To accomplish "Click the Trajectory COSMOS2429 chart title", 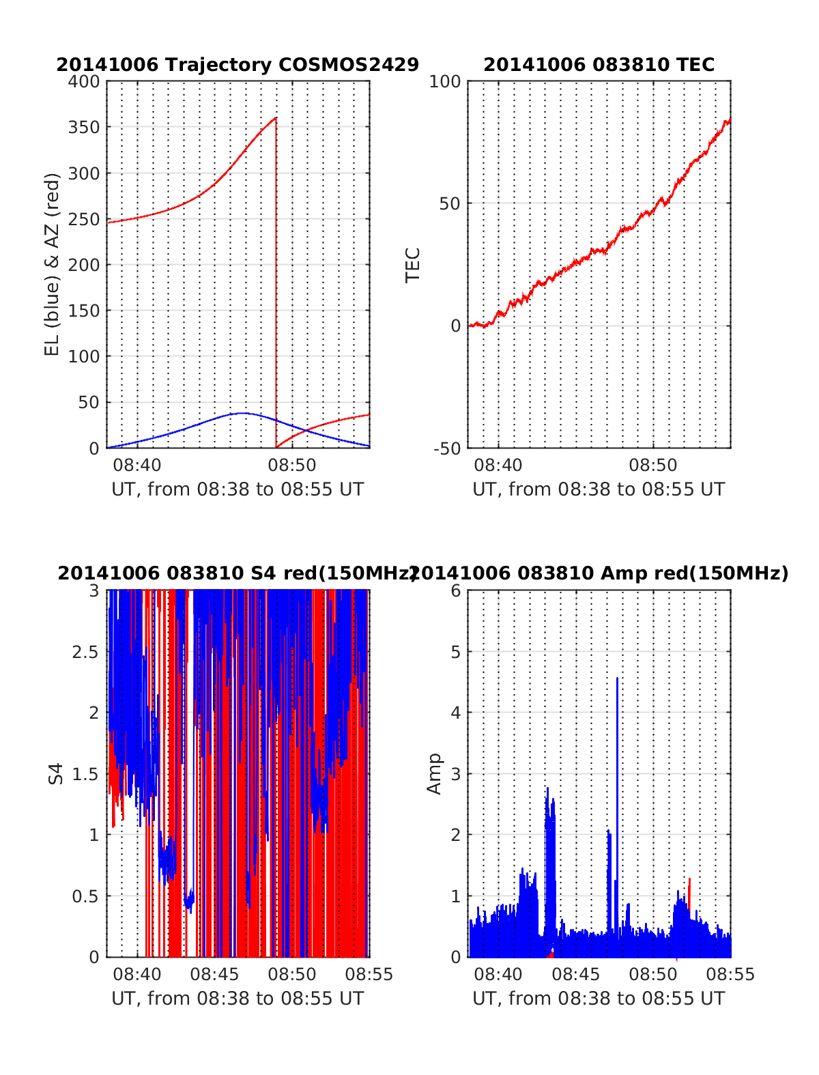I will [237, 65].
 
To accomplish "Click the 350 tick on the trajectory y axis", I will [85, 128].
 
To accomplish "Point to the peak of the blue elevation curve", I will [243, 413].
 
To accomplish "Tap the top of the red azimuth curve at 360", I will [276, 118].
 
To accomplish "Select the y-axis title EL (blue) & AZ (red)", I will [53, 264].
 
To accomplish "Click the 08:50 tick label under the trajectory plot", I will [292, 465].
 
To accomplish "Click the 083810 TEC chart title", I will [599, 65].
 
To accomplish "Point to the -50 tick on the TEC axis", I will [447, 448].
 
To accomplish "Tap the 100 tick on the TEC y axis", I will [444, 82].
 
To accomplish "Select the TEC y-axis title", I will [413, 265].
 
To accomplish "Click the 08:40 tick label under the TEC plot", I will [498, 465].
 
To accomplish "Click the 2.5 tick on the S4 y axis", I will [85, 652].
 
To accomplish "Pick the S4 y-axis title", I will [56, 773].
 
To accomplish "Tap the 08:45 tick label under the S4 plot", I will [214, 975].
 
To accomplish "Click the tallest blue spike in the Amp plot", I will [617, 679].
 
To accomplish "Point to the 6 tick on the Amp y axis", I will [456, 590].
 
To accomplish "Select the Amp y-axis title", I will [434, 773].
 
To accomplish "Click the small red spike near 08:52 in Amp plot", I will [689, 887].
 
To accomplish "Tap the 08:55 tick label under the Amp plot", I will [731, 975].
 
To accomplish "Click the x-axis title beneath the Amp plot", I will [599, 999].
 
